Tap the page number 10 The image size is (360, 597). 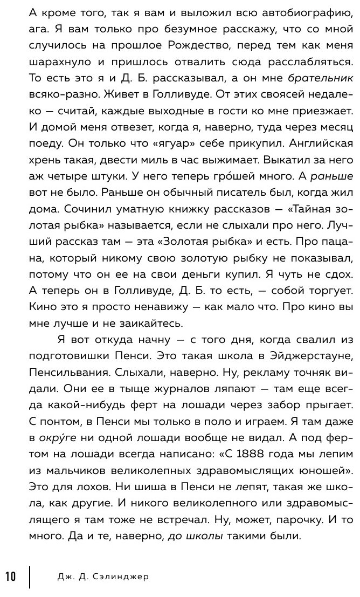12,577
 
